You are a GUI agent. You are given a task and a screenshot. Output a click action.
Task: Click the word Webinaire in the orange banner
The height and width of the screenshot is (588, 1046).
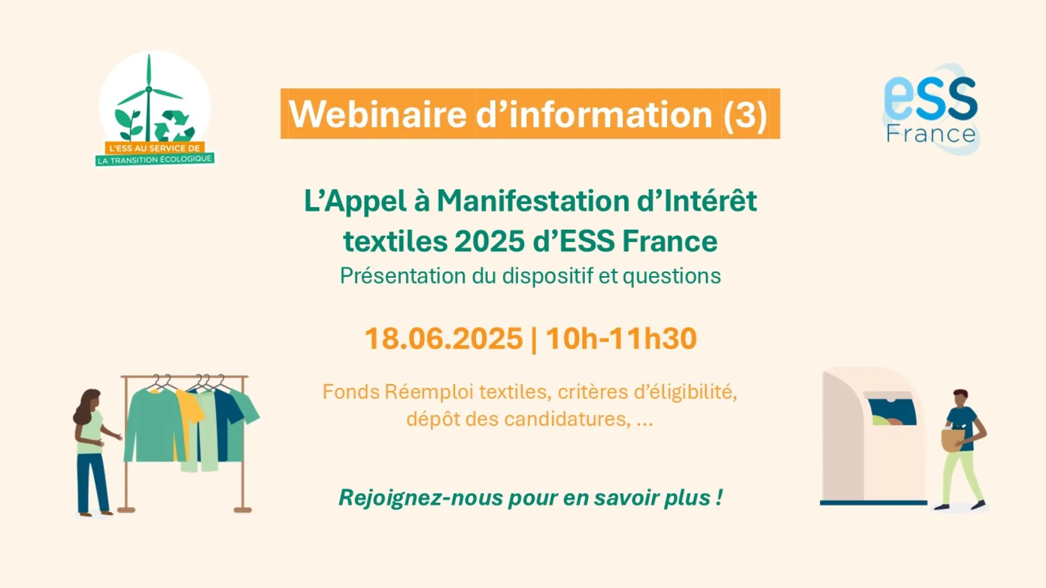(378, 114)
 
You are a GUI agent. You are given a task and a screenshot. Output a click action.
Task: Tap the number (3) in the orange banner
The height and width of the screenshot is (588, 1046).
(745, 114)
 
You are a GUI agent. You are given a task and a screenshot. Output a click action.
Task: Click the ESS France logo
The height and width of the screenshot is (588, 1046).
(931, 110)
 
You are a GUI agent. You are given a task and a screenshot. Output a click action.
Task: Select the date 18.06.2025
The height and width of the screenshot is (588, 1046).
(444, 338)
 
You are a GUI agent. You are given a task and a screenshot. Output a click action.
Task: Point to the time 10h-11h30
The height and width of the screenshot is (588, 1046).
(621, 338)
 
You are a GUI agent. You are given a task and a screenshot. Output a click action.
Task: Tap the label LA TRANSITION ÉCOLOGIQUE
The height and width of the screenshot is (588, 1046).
(155, 159)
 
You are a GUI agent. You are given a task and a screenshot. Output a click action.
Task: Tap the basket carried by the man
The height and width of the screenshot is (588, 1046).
(953, 439)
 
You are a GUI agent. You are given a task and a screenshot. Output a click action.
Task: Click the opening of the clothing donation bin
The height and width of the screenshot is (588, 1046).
(892, 411)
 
